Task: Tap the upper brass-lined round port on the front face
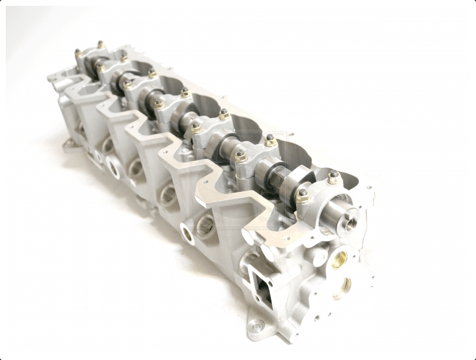[340, 259]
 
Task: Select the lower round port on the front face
[345, 285]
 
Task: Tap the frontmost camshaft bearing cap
[318, 200]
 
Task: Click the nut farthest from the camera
[100, 44]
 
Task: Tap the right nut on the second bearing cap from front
[270, 140]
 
